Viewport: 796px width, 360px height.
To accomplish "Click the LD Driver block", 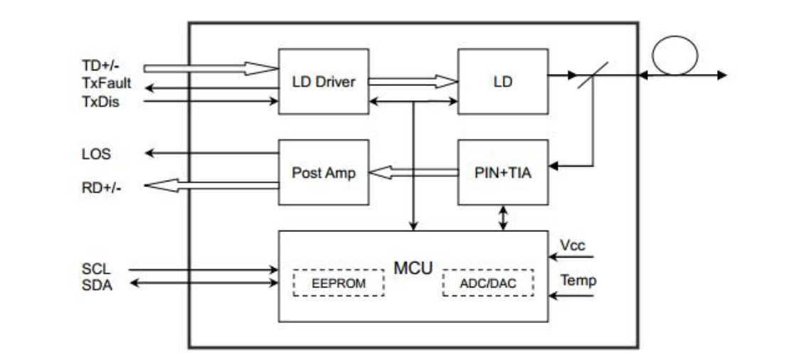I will coord(323,81).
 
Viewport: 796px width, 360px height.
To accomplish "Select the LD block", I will coord(502,81).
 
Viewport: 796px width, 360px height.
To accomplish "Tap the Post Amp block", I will coord(323,173).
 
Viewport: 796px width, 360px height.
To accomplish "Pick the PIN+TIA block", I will coord(502,173).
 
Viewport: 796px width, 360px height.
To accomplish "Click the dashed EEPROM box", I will coord(339,282).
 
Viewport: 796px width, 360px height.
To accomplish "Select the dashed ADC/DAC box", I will coord(488,282).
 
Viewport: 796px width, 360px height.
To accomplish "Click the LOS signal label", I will coord(96,154).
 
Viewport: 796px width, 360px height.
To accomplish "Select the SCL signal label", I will coord(95,270).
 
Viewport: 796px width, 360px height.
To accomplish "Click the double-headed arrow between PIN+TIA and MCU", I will coord(504,217).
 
